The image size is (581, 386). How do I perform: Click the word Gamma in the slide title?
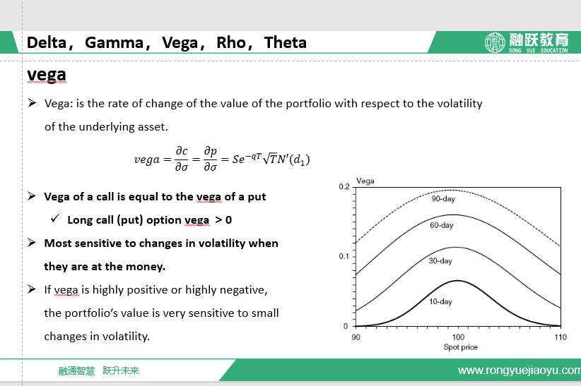[114, 42]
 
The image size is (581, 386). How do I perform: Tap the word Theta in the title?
[286, 42]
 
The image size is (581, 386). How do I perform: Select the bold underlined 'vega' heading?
[47, 75]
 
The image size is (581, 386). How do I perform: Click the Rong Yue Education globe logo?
[495, 42]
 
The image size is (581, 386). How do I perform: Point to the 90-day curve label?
[443, 199]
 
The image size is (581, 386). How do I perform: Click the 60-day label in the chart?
[442, 225]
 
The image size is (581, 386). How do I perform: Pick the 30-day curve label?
[440, 260]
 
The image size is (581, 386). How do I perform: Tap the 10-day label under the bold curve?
[440, 301]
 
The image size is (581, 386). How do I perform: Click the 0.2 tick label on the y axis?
[344, 186]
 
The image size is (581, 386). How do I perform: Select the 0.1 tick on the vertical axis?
[344, 256]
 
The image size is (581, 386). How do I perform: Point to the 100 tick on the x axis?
[458, 337]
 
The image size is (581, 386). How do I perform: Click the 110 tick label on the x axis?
[561, 337]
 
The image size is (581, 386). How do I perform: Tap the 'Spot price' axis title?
[461, 347]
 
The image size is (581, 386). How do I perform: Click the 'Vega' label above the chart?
[365, 181]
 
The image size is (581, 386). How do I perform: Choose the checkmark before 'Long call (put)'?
[55, 218]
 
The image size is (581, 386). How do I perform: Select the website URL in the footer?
[519, 370]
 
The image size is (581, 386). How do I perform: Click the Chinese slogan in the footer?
[98, 370]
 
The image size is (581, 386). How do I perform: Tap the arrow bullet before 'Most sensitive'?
[32, 243]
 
